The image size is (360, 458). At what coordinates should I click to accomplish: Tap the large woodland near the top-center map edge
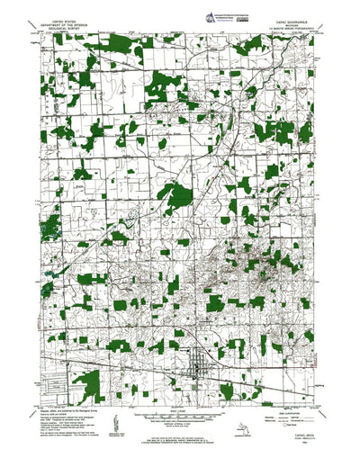pyautogui.click(x=161, y=85)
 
